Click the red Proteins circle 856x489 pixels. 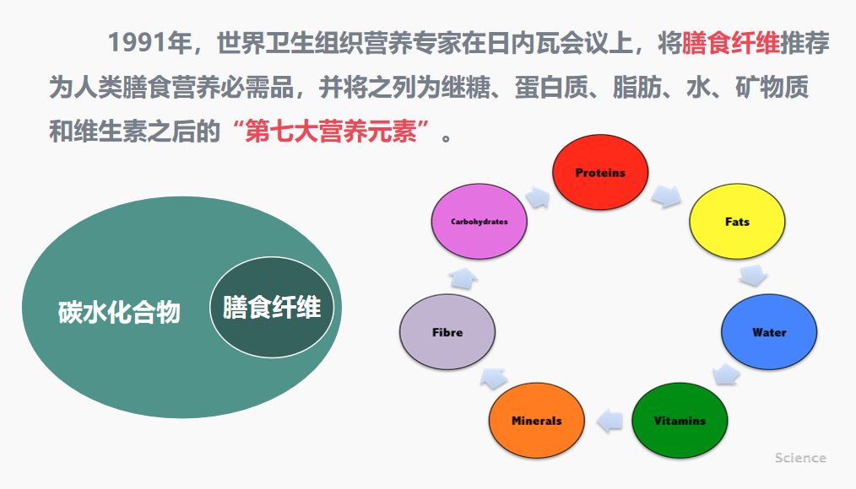coord(600,172)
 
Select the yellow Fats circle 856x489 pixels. coord(737,222)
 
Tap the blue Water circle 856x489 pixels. coord(769,332)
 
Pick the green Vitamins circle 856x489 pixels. coord(680,421)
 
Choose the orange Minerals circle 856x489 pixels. coord(537,421)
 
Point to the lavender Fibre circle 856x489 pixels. coord(447,332)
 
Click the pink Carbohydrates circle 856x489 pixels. coord(479,222)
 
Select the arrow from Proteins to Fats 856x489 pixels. coord(666,196)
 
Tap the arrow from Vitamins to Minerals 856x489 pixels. coord(609,421)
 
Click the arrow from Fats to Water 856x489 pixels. coord(753,276)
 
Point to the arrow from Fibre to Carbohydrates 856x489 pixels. coord(463,278)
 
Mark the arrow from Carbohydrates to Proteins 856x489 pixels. coord(538,197)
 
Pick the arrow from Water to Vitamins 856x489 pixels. coord(726,375)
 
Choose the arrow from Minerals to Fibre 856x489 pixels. coord(494,378)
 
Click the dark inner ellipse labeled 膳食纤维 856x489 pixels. coord(272,307)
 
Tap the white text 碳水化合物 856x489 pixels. coord(119,312)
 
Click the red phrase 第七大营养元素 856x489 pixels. coord(332,131)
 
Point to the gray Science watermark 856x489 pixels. coord(800,458)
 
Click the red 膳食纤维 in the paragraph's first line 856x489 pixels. coord(731,43)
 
